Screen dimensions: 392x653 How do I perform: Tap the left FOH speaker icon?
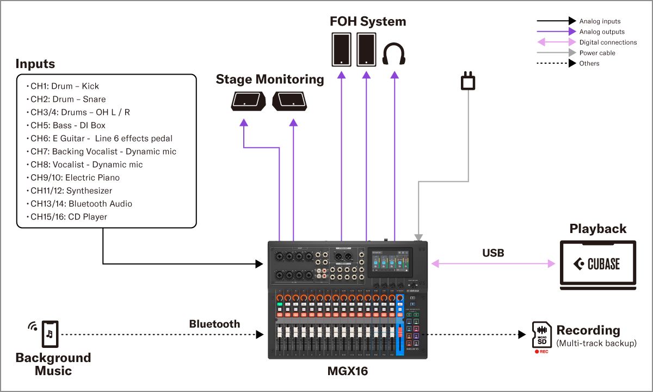(342, 50)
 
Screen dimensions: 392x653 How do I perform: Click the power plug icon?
(468, 82)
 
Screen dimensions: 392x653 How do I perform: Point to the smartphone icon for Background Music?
(50, 333)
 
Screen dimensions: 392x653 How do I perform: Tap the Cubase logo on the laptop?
(597, 264)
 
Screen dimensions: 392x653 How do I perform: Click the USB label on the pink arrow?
(493, 253)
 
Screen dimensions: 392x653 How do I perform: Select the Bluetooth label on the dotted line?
(214, 324)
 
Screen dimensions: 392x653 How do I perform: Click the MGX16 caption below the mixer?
(347, 372)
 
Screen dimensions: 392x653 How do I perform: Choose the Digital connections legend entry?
(608, 42)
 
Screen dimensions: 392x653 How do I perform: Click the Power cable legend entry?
(597, 53)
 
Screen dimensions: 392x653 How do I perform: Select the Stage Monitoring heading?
(270, 79)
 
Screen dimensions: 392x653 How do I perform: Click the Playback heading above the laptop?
(597, 229)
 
